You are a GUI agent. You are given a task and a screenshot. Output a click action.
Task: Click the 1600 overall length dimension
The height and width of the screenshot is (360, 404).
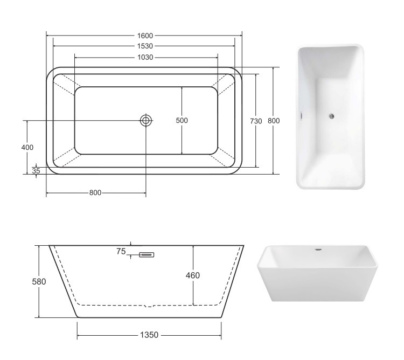(x=145, y=36)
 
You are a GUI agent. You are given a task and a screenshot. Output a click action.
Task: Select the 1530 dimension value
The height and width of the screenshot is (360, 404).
(x=145, y=46)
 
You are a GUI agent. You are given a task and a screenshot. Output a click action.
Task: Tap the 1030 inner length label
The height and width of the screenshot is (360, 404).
(x=145, y=57)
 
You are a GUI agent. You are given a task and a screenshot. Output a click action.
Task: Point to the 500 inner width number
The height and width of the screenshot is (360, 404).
(x=182, y=120)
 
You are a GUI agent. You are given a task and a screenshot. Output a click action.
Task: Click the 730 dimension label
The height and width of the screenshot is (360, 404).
(x=256, y=121)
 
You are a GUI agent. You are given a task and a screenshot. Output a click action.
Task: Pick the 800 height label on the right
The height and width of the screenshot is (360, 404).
(x=274, y=121)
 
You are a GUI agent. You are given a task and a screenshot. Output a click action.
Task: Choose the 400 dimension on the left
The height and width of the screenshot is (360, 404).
(x=27, y=148)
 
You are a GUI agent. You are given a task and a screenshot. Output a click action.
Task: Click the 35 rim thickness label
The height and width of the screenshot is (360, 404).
(x=36, y=171)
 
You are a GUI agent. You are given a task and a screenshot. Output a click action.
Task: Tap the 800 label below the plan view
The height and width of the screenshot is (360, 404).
(x=95, y=193)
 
